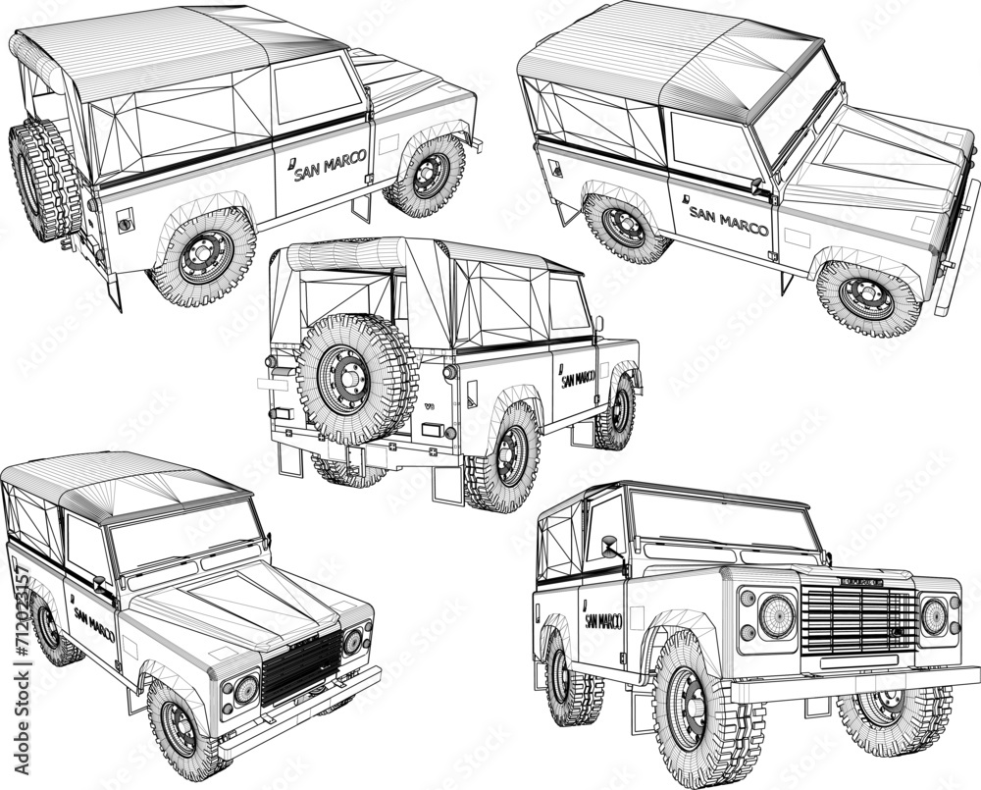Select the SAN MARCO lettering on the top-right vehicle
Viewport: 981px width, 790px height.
(728, 221)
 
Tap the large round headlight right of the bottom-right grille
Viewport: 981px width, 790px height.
(933, 616)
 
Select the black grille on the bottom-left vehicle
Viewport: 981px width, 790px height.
(300, 667)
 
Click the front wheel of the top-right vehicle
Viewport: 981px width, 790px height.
(867, 297)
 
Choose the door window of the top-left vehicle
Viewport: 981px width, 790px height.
(316, 88)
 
